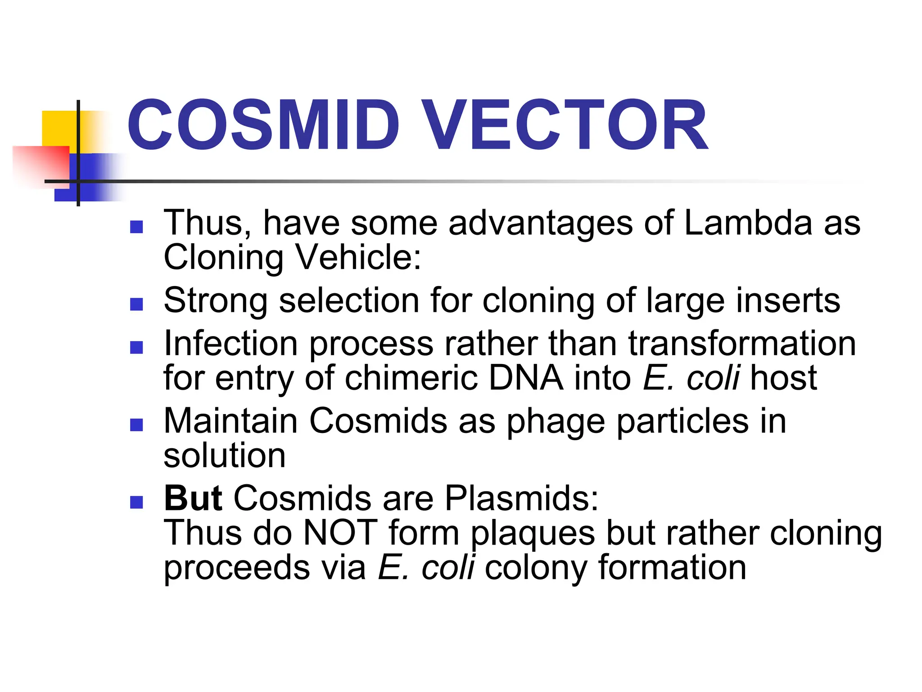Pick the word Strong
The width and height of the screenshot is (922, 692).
[216, 301]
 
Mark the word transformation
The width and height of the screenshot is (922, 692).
[742, 344]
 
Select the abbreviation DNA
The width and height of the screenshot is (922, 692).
[526, 378]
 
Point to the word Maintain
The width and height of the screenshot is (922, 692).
[230, 421]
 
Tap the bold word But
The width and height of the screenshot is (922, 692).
[193, 498]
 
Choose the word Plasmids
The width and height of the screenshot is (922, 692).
[521, 498]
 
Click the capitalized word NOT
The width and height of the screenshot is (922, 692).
[340, 533]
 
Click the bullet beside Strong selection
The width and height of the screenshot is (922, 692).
[136, 305]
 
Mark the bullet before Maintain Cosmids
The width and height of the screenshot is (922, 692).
[136, 425]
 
